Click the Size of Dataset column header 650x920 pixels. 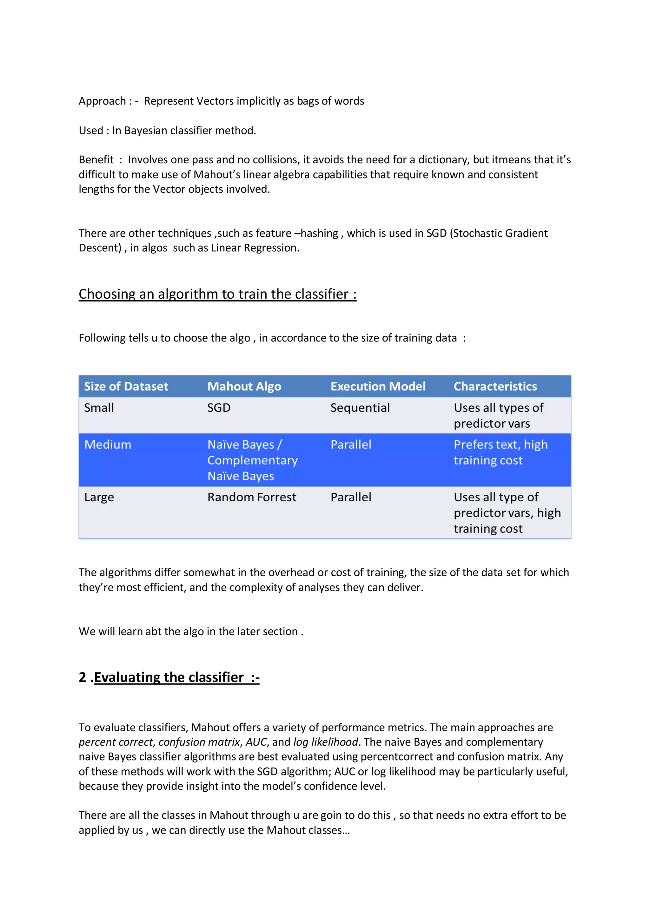click(126, 386)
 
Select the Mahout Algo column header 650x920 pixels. click(244, 386)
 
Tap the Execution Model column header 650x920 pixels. click(377, 386)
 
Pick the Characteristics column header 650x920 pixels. click(495, 386)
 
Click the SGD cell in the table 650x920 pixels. click(219, 408)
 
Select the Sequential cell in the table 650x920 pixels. click(360, 408)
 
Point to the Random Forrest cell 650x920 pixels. click(251, 497)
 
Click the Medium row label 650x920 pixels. click(107, 445)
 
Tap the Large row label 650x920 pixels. click(99, 497)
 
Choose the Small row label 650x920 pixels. click(99, 408)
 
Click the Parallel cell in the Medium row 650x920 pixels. click(351, 445)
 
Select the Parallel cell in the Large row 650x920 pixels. click(351, 497)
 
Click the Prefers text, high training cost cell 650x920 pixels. click(500, 452)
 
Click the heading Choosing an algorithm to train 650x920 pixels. click(217, 294)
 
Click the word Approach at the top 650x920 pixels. click(102, 101)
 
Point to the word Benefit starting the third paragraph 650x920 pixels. click(96, 159)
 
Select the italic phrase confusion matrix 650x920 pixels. click(199, 742)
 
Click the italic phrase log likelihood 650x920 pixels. click(325, 742)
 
